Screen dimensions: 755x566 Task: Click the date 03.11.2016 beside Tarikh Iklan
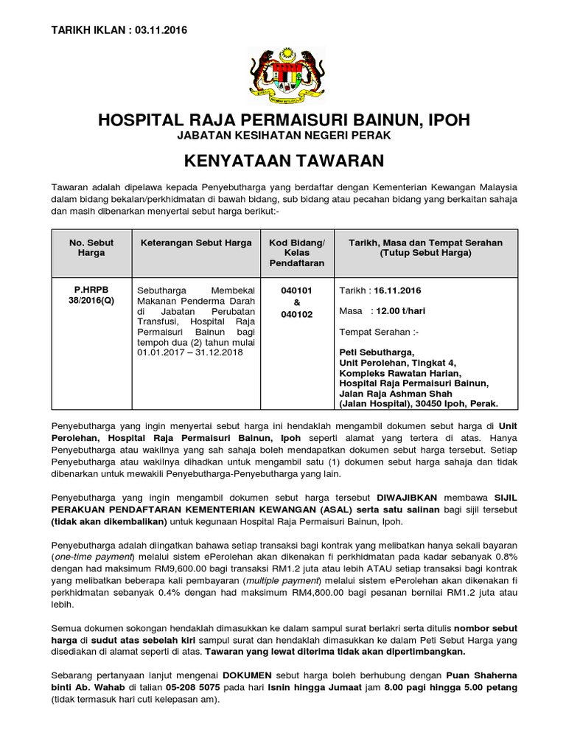coord(161,30)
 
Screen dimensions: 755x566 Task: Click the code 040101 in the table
coord(297,290)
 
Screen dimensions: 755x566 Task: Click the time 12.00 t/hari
coord(399,311)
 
